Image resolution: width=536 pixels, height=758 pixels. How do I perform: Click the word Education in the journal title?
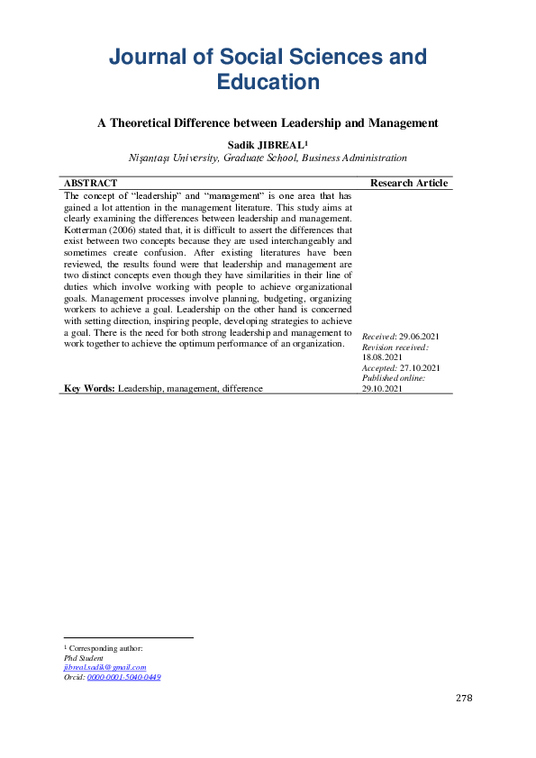268,82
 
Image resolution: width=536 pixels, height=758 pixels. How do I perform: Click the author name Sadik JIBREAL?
268,143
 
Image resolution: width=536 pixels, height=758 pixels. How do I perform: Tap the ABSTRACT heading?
90,183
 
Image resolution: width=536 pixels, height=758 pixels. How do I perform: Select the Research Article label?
408,183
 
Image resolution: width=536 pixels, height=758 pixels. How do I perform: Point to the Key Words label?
89,388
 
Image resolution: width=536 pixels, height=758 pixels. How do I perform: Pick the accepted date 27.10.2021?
419,367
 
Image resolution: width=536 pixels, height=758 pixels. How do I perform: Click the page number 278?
464,698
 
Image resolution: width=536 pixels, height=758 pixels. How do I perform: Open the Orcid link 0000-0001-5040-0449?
123,677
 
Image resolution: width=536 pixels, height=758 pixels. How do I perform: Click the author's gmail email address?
104,667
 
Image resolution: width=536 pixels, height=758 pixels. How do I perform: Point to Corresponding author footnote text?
104,648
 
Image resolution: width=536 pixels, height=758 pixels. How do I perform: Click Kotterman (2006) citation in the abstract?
98,230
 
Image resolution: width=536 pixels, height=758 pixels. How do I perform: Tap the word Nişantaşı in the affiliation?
153,158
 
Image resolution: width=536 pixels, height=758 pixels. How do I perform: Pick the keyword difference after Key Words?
239,388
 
